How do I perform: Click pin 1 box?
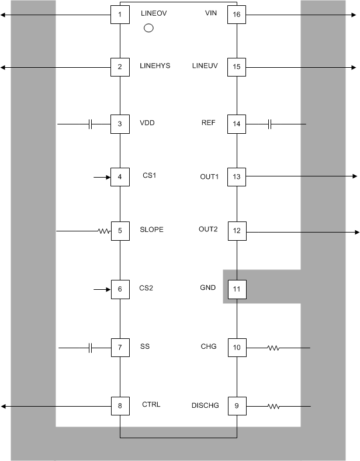click(x=120, y=14)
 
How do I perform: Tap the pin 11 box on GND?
click(x=237, y=289)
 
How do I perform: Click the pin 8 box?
click(x=120, y=405)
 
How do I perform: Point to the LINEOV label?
click(x=154, y=13)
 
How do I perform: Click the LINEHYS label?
click(x=155, y=66)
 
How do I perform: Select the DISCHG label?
click(x=205, y=405)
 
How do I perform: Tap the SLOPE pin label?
click(x=151, y=230)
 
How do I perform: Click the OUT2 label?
click(x=208, y=230)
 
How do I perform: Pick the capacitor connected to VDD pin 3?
click(x=91, y=124)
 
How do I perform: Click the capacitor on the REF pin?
click(x=269, y=124)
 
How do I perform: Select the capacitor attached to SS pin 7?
click(x=91, y=348)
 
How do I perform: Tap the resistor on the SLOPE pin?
click(x=104, y=231)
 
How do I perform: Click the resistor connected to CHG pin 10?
click(x=273, y=348)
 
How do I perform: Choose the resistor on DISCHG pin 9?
click(x=273, y=405)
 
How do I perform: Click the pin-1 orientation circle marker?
click(x=148, y=28)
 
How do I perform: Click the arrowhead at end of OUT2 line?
click(x=356, y=232)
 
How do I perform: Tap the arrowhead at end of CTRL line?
click(x=4, y=405)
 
